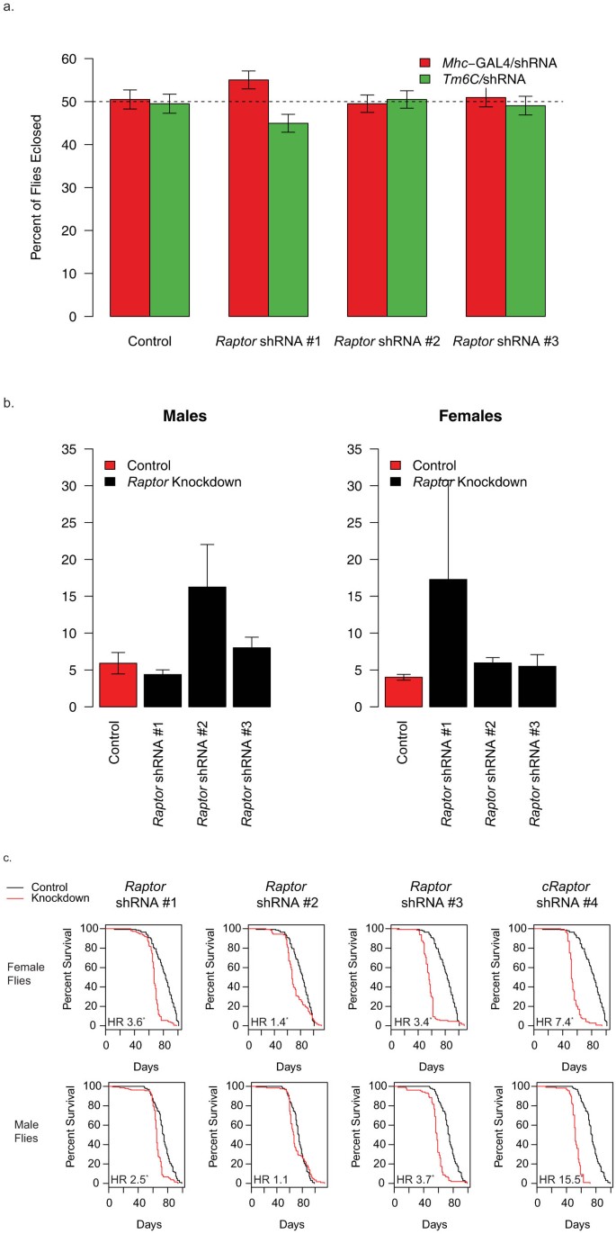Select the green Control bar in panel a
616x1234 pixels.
point(169,210)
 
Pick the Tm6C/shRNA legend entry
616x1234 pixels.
point(473,77)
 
